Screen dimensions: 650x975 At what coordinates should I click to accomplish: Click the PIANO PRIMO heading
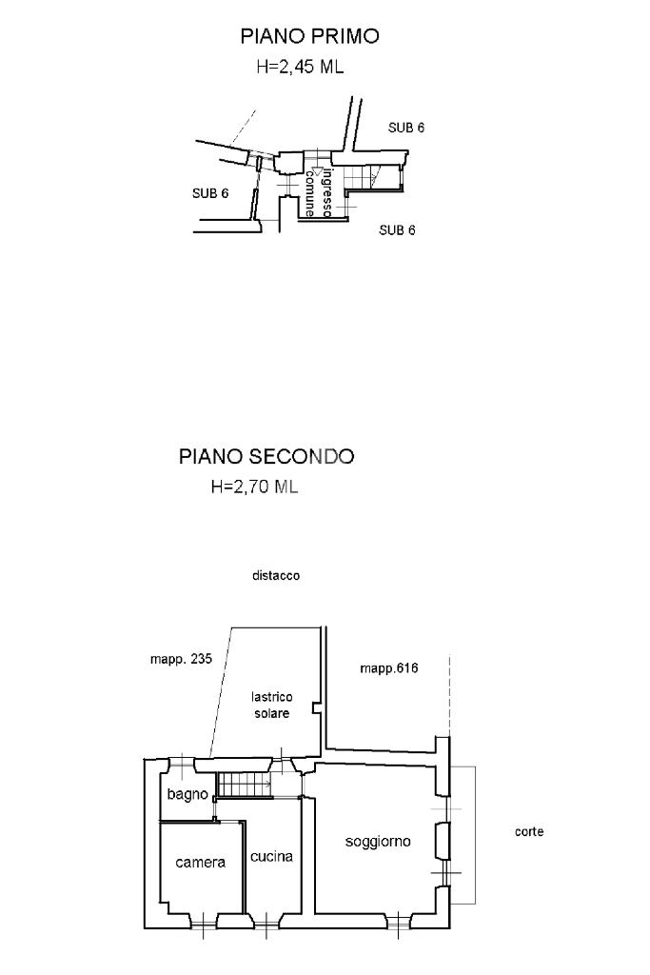point(309,36)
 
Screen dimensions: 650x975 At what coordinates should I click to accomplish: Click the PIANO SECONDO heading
point(266,456)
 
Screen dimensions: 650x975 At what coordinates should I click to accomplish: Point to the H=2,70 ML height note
point(255,487)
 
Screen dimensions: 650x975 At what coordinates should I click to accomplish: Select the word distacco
point(276,576)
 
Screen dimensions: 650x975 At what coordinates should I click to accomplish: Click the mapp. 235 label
point(181,659)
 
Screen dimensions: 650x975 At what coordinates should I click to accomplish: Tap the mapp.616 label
point(389,668)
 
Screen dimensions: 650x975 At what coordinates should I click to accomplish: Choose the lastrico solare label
point(271,706)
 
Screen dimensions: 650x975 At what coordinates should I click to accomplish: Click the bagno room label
point(187,795)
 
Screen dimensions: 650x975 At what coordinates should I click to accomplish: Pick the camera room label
point(200,863)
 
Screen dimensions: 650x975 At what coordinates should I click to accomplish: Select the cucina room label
point(271,856)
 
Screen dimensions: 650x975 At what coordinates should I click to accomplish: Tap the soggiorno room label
point(378,842)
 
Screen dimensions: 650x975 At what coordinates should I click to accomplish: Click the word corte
point(529,831)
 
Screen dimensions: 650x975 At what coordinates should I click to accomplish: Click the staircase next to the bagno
point(245,785)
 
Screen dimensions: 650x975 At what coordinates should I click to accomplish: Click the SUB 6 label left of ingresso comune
point(210,193)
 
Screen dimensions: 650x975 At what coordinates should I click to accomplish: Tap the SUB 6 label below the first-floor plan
point(397,230)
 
